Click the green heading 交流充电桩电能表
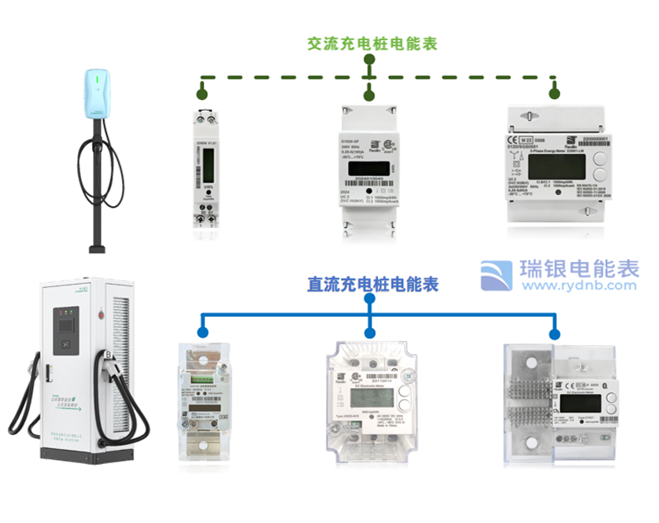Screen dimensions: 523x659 pos(372,43)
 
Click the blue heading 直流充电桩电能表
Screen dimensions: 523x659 pos(373,283)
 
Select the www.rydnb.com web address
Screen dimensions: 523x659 pos(579,287)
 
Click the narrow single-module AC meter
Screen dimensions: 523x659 pos(207,168)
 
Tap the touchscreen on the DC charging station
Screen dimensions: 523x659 pos(65,322)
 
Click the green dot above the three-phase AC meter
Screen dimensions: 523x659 pos(554,94)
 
